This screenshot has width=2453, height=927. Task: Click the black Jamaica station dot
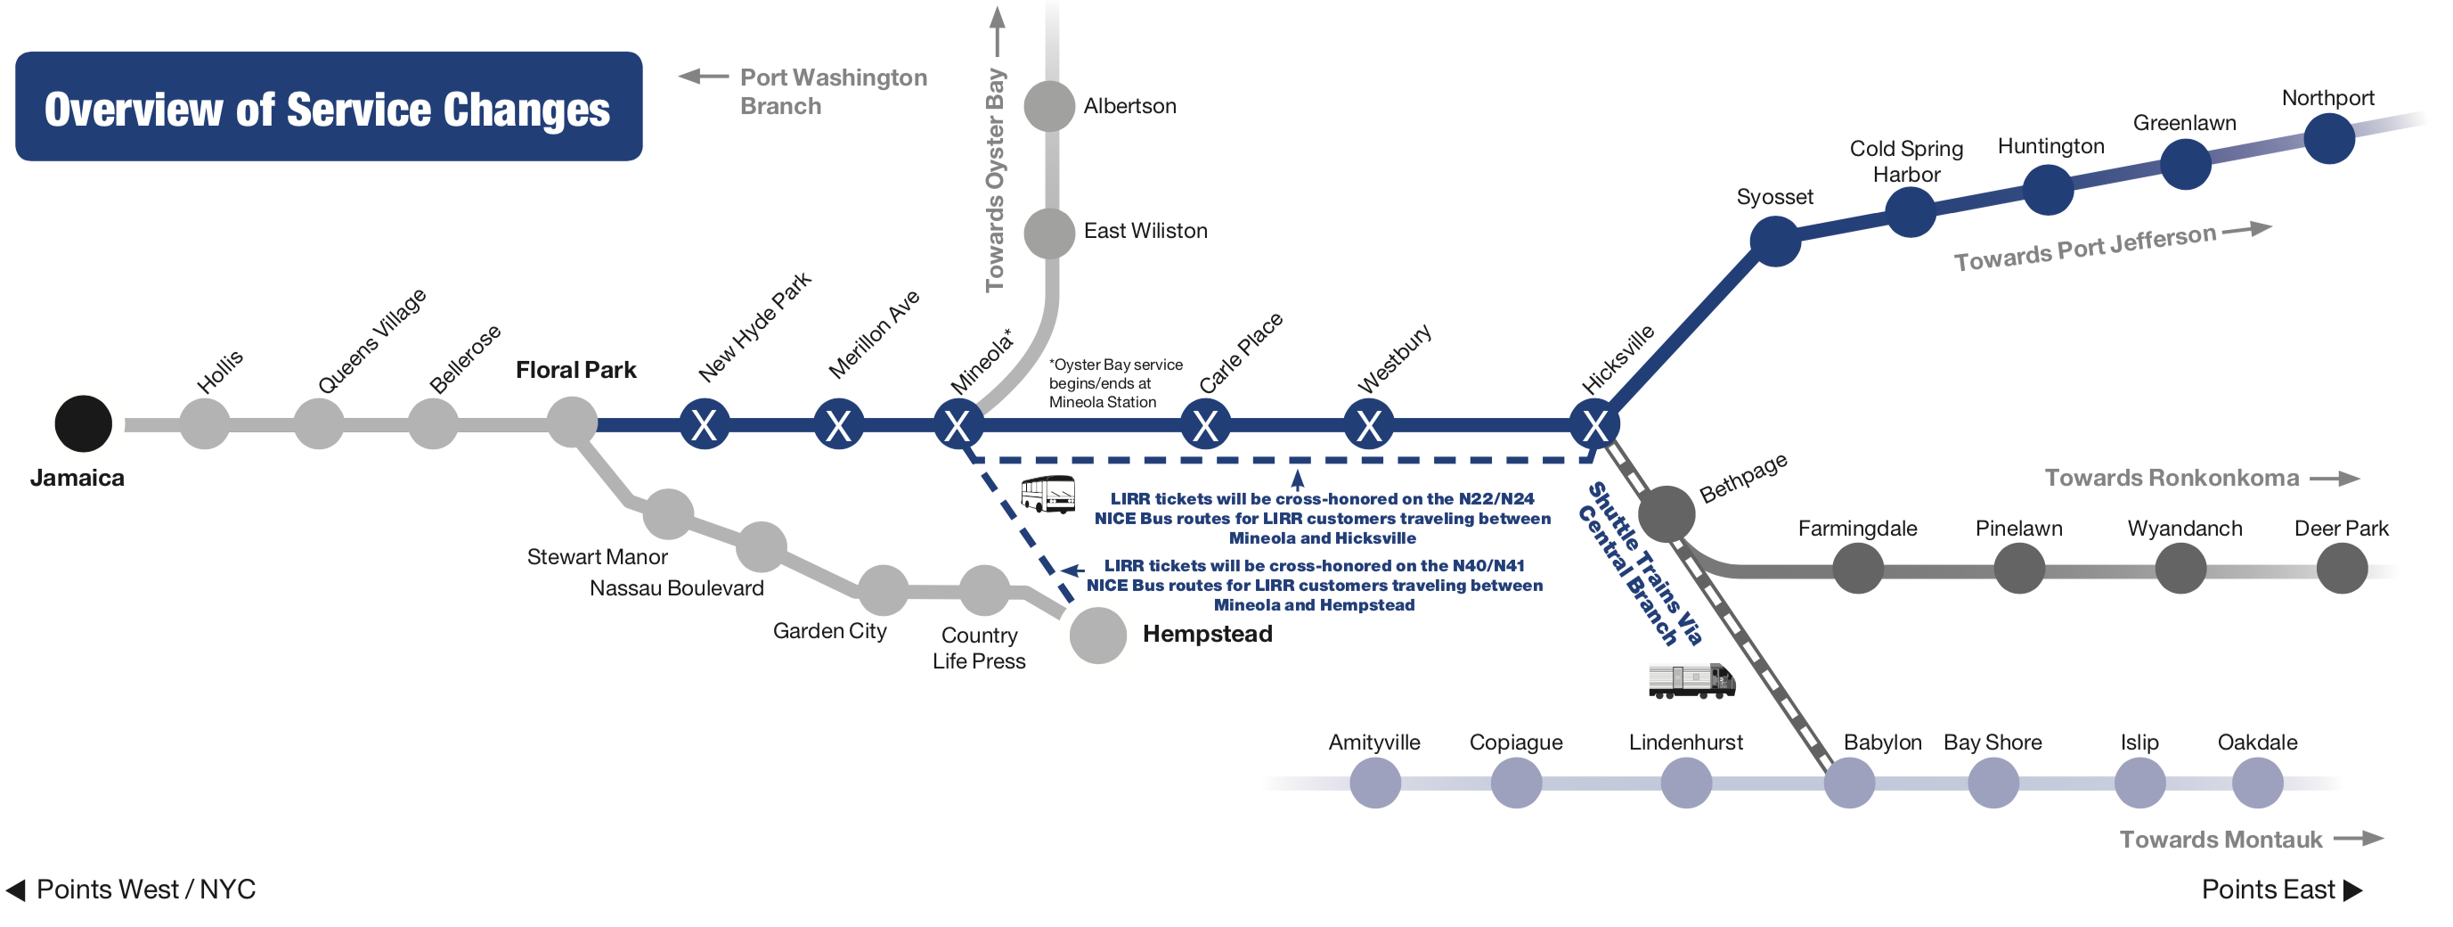(x=83, y=424)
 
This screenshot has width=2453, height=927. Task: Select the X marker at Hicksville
(x=1595, y=425)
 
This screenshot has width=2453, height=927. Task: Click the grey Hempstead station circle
(x=1098, y=635)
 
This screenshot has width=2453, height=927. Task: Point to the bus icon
(x=1047, y=495)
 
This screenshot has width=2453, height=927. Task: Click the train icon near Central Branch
(x=1691, y=680)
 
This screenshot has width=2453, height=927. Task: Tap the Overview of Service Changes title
(x=328, y=109)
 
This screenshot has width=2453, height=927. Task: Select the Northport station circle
(x=2329, y=138)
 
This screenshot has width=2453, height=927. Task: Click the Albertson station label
(x=1129, y=106)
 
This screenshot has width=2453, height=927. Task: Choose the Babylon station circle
(x=1849, y=783)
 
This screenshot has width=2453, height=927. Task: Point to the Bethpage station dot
(x=1666, y=513)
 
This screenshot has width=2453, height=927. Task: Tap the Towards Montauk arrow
(x=2359, y=839)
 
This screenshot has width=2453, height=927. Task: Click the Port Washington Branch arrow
(x=703, y=77)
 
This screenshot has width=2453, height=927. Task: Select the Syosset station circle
(x=1775, y=241)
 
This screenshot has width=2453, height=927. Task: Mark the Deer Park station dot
(x=2342, y=569)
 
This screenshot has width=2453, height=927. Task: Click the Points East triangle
(x=2353, y=890)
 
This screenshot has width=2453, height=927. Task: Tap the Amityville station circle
(x=1375, y=783)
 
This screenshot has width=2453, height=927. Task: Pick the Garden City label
(x=829, y=631)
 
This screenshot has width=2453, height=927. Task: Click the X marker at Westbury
(x=1368, y=425)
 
